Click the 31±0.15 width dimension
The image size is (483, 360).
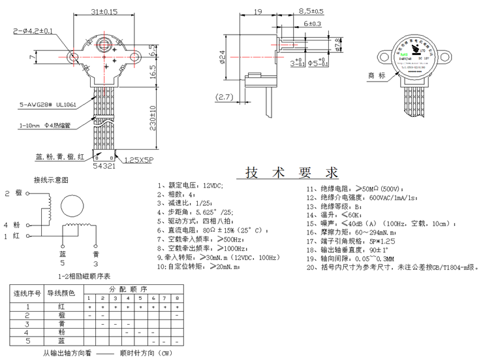click(x=103, y=12)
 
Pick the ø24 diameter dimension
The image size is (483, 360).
click(x=224, y=59)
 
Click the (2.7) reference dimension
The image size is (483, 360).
click(x=226, y=98)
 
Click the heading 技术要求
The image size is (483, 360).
click(x=292, y=173)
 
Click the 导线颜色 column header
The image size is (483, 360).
click(x=61, y=293)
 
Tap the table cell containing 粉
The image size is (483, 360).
click(x=61, y=332)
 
